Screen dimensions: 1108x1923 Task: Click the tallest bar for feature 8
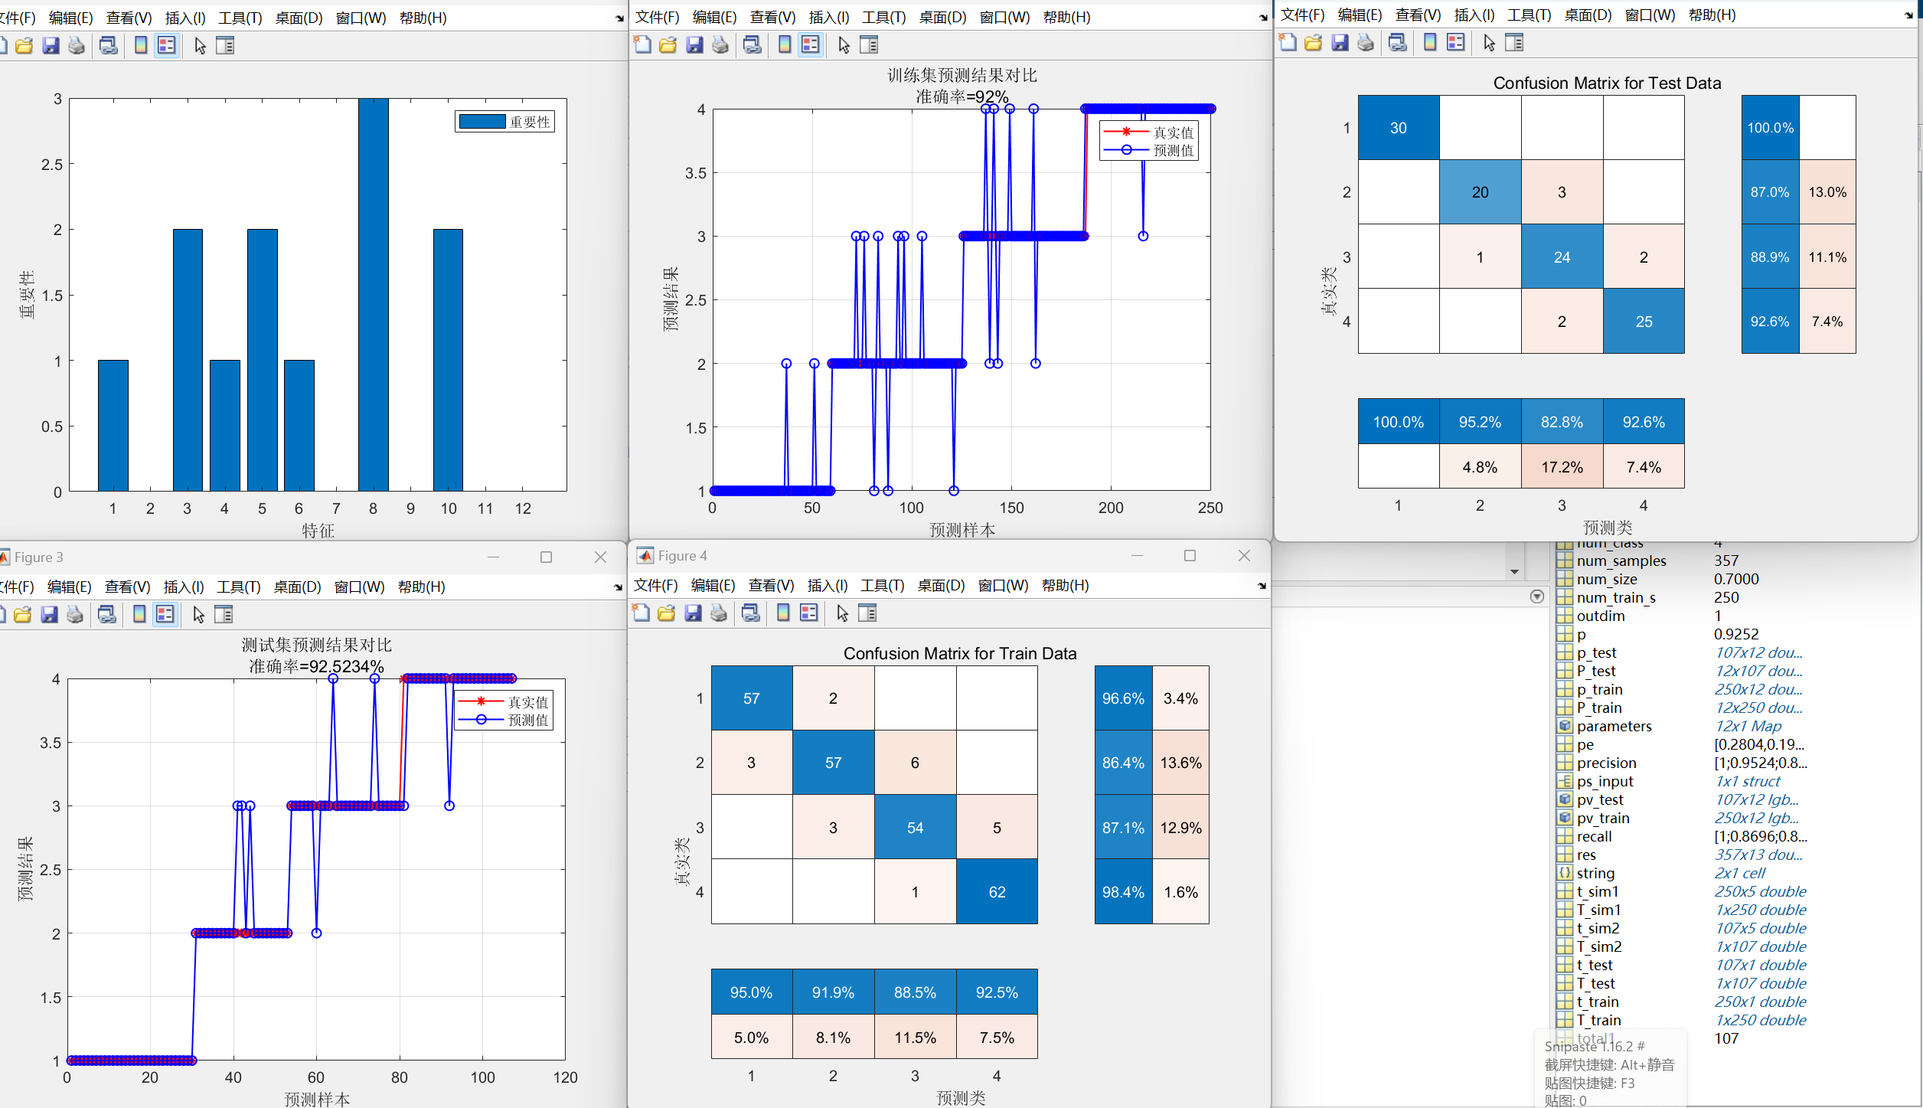click(x=373, y=295)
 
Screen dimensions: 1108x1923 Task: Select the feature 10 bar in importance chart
click(x=448, y=360)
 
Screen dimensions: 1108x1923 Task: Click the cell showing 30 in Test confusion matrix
click(x=1398, y=128)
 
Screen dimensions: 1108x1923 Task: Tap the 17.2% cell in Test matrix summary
click(x=1562, y=467)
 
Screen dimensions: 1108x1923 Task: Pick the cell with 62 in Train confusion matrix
click(x=997, y=892)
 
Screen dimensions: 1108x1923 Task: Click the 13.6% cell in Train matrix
click(x=1180, y=763)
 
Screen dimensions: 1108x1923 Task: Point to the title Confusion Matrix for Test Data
click(x=1607, y=83)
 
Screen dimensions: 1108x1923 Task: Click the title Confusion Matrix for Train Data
click(x=959, y=653)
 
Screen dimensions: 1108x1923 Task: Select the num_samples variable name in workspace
click(x=1621, y=561)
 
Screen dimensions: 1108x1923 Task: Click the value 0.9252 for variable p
click(x=1735, y=634)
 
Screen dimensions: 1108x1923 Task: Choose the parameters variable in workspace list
click(x=1614, y=726)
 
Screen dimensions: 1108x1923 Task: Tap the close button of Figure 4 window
click(x=1244, y=556)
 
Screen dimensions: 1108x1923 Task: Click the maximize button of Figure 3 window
click(x=546, y=557)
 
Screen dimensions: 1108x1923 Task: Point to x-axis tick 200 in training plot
click(x=1110, y=508)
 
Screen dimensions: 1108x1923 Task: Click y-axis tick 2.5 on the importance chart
click(x=52, y=164)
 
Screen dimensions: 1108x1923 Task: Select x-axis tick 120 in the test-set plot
click(x=565, y=1077)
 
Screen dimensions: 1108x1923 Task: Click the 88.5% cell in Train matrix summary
click(x=915, y=992)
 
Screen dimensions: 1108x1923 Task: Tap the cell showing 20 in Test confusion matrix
click(x=1480, y=192)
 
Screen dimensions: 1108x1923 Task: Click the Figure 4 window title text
click(x=682, y=556)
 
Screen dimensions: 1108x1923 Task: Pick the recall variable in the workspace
click(x=1594, y=836)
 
